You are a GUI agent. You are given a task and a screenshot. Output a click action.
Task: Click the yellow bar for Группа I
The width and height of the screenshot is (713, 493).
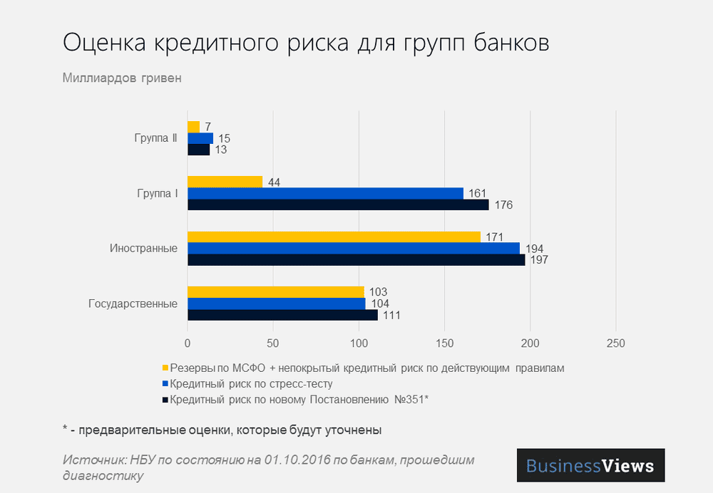[x=225, y=182]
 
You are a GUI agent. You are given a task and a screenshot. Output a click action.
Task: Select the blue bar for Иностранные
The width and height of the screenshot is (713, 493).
[x=354, y=249]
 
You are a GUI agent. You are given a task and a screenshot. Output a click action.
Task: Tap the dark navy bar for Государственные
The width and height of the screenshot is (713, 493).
[x=282, y=315]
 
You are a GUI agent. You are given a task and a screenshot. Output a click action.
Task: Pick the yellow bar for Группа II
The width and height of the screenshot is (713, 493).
[x=193, y=127]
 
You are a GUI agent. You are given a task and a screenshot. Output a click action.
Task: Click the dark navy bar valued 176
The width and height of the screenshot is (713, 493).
[x=338, y=205]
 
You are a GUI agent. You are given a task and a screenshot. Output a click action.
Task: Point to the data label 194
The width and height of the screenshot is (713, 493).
[x=534, y=249]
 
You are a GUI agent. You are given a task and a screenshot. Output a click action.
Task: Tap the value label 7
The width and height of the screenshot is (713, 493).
[x=207, y=127]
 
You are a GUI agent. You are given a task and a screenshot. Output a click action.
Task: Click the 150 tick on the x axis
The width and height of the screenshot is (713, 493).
[x=444, y=343]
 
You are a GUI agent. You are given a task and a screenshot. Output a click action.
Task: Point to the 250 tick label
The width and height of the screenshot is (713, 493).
[x=615, y=343]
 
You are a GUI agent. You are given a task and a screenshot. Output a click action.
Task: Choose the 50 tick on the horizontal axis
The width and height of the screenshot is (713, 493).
[x=273, y=343]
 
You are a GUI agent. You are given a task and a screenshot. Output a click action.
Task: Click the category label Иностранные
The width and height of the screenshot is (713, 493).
[x=143, y=249]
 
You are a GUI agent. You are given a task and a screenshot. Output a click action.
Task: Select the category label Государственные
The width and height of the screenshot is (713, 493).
[x=133, y=303]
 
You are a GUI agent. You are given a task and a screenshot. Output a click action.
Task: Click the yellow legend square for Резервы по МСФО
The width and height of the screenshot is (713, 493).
[x=165, y=368]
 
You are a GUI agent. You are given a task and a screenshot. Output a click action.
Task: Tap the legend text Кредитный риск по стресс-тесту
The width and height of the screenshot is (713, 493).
[x=252, y=384]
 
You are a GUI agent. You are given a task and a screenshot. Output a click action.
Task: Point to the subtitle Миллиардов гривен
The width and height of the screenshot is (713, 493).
[x=122, y=78]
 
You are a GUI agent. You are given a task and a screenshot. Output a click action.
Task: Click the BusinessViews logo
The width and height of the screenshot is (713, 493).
[x=590, y=466]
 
